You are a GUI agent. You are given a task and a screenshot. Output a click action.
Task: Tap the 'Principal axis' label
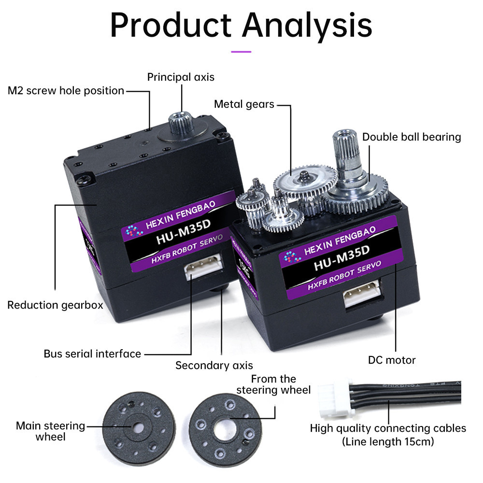tap(181, 77)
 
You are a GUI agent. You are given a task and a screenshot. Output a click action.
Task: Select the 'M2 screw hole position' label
tap(66, 91)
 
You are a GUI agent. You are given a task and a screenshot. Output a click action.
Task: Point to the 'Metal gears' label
tap(244, 104)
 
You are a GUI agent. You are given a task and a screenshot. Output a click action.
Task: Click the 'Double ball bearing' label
tap(412, 137)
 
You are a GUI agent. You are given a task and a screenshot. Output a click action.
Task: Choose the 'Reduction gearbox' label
tap(55, 305)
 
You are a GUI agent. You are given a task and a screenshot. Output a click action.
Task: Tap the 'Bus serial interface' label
tap(92, 354)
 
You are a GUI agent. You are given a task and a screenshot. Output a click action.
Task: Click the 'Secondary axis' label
tap(214, 365)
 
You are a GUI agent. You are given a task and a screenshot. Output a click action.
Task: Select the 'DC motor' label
tap(392, 360)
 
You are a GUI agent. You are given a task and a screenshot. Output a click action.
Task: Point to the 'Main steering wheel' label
tap(50, 431)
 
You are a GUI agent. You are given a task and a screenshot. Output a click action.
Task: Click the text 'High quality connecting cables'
tap(388, 428)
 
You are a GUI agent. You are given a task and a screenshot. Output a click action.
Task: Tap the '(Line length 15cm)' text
tap(388, 441)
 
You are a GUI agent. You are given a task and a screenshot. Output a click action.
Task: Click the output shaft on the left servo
tap(181, 120)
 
